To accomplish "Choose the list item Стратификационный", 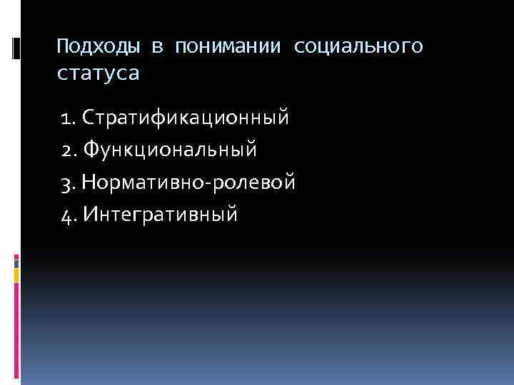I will [x=186, y=116].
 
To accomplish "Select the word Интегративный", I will [x=160, y=213].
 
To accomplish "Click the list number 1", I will [x=65, y=116].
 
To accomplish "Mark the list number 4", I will [x=66, y=213].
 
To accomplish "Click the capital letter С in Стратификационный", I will [x=89, y=116].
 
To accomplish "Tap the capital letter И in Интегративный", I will [x=90, y=213].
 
